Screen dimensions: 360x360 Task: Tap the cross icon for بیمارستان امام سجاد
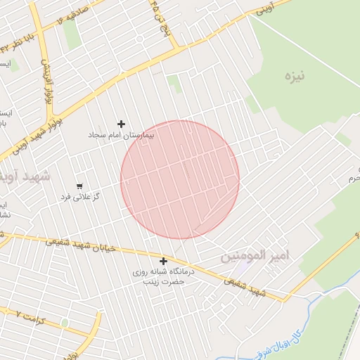121,124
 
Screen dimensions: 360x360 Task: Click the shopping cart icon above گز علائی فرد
79,186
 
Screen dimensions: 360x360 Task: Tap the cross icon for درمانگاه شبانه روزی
163,261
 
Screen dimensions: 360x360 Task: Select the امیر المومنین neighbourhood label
255,255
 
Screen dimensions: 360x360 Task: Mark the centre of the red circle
180,179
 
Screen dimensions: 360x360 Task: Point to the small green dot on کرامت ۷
65,323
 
